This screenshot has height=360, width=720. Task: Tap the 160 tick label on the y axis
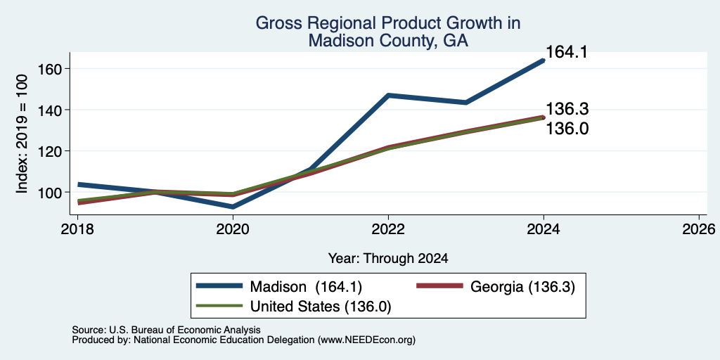pyautogui.click(x=51, y=69)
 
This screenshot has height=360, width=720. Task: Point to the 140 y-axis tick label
pyautogui.click(x=51, y=110)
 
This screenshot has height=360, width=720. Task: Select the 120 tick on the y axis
pyautogui.click(x=51, y=151)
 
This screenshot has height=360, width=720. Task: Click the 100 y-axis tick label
pyautogui.click(x=51, y=192)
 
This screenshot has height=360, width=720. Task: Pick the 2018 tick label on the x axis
pyautogui.click(x=79, y=229)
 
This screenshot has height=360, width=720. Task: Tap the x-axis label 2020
pyautogui.click(x=233, y=229)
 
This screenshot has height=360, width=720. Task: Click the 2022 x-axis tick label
pyautogui.click(x=389, y=229)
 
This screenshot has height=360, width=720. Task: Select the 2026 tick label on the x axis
pyautogui.click(x=699, y=229)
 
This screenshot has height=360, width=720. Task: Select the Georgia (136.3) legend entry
pyautogui.click(x=522, y=287)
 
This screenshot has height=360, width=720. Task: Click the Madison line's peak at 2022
pyautogui.click(x=388, y=95)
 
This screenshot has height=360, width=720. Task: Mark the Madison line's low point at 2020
pyautogui.click(x=233, y=207)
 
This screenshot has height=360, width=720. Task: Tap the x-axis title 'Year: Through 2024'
pyautogui.click(x=388, y=259)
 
